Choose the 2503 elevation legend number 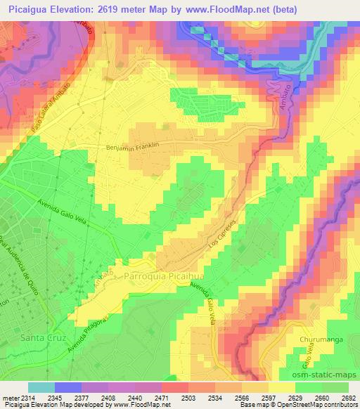(174, 398)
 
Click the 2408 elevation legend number (107, 398)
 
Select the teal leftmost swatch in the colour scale (41, 387)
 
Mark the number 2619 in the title (137, 9)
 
